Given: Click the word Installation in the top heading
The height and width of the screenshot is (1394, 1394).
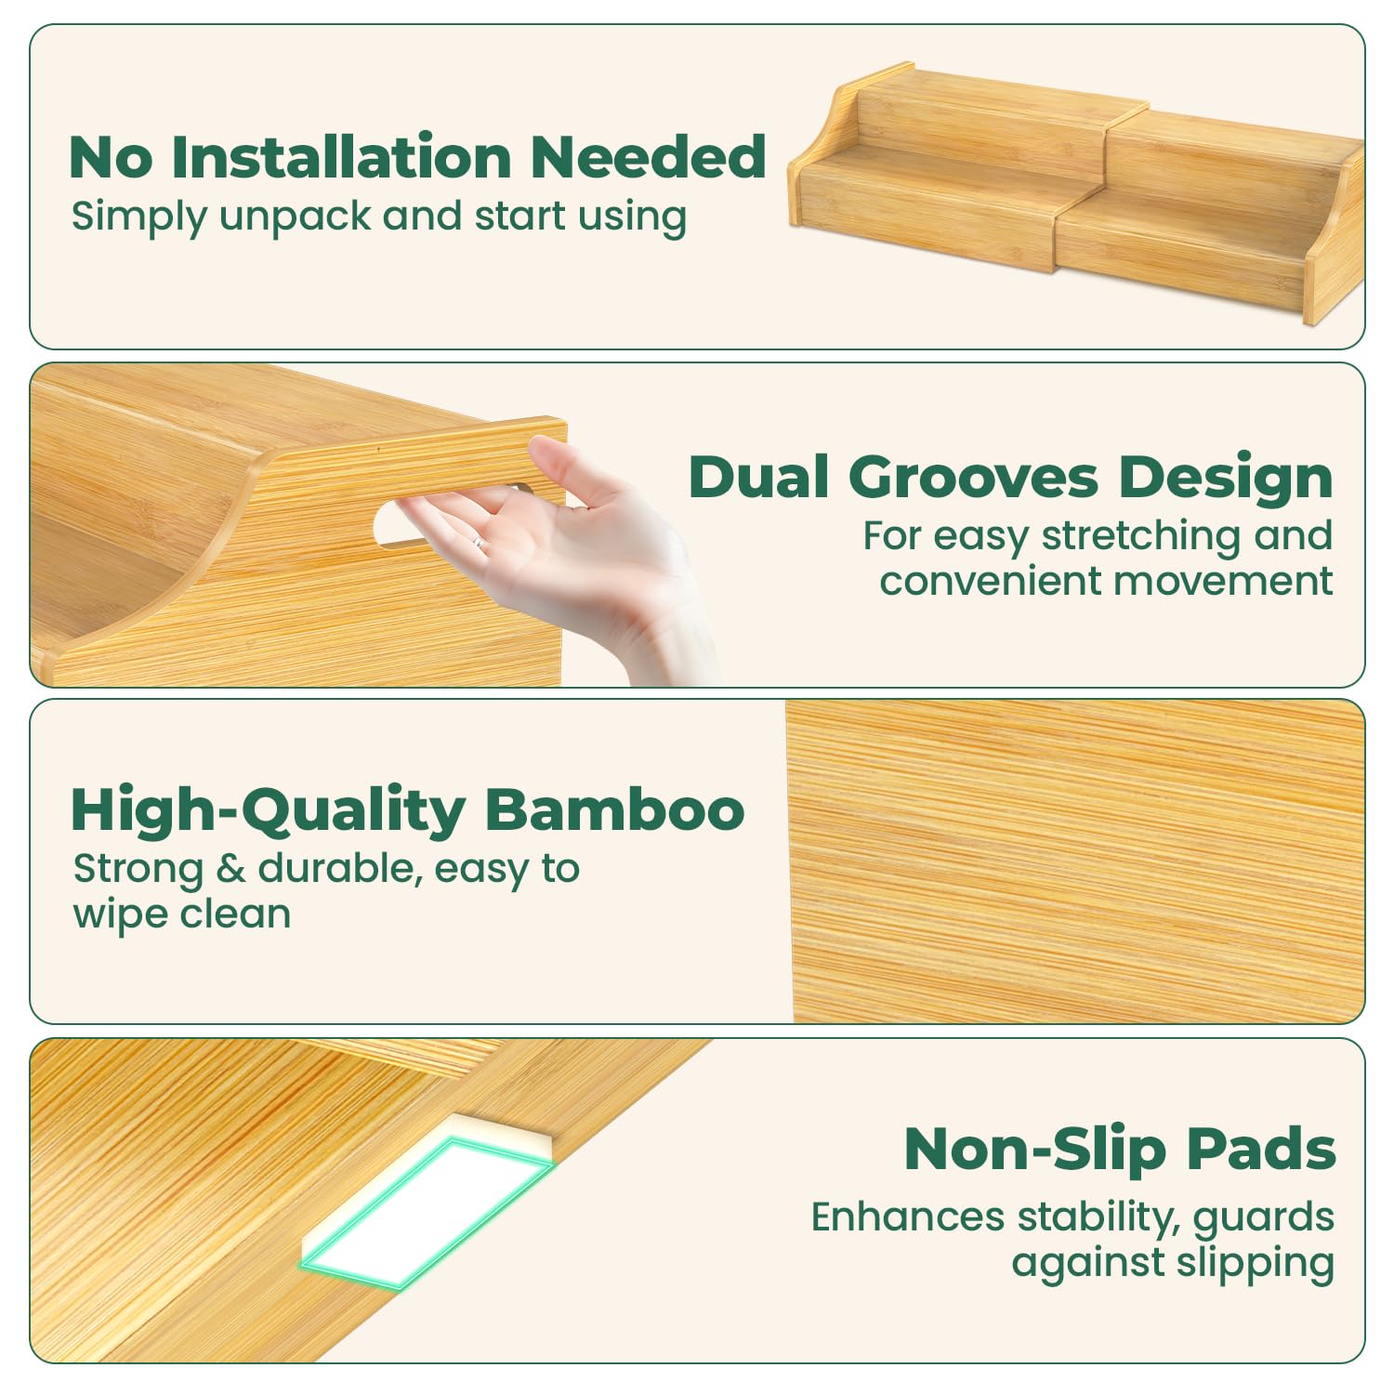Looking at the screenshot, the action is click(341, 156).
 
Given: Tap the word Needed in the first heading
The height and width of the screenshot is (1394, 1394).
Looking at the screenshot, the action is click(649, 156).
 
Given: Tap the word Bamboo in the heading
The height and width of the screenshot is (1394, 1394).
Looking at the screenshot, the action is click(614, 809).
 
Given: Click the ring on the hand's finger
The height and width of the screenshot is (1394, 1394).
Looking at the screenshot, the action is click(478, 543).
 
